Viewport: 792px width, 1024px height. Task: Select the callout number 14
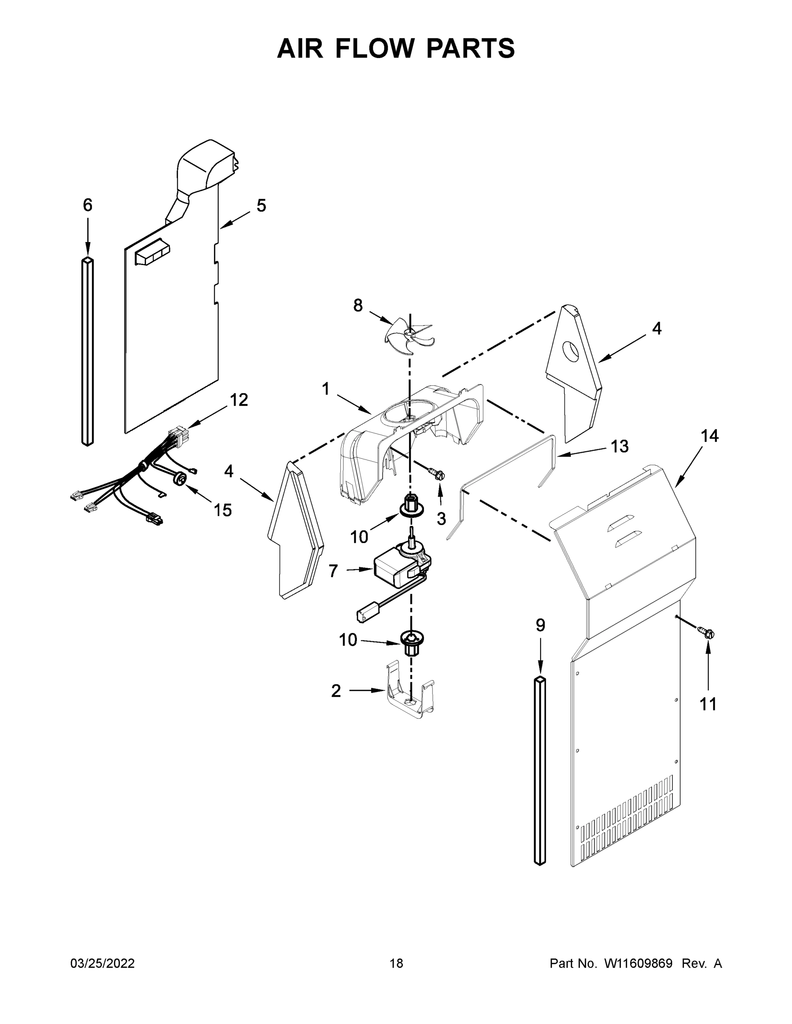pos(710,436)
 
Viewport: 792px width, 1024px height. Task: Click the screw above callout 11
pos(707,634)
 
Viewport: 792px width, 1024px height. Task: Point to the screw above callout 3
pos(437,475)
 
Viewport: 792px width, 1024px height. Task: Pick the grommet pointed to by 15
pos(179,478)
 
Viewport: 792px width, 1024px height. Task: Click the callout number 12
pos(238,400)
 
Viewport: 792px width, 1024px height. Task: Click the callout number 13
pos(620,446)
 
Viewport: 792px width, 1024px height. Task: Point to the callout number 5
pos(261,205)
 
